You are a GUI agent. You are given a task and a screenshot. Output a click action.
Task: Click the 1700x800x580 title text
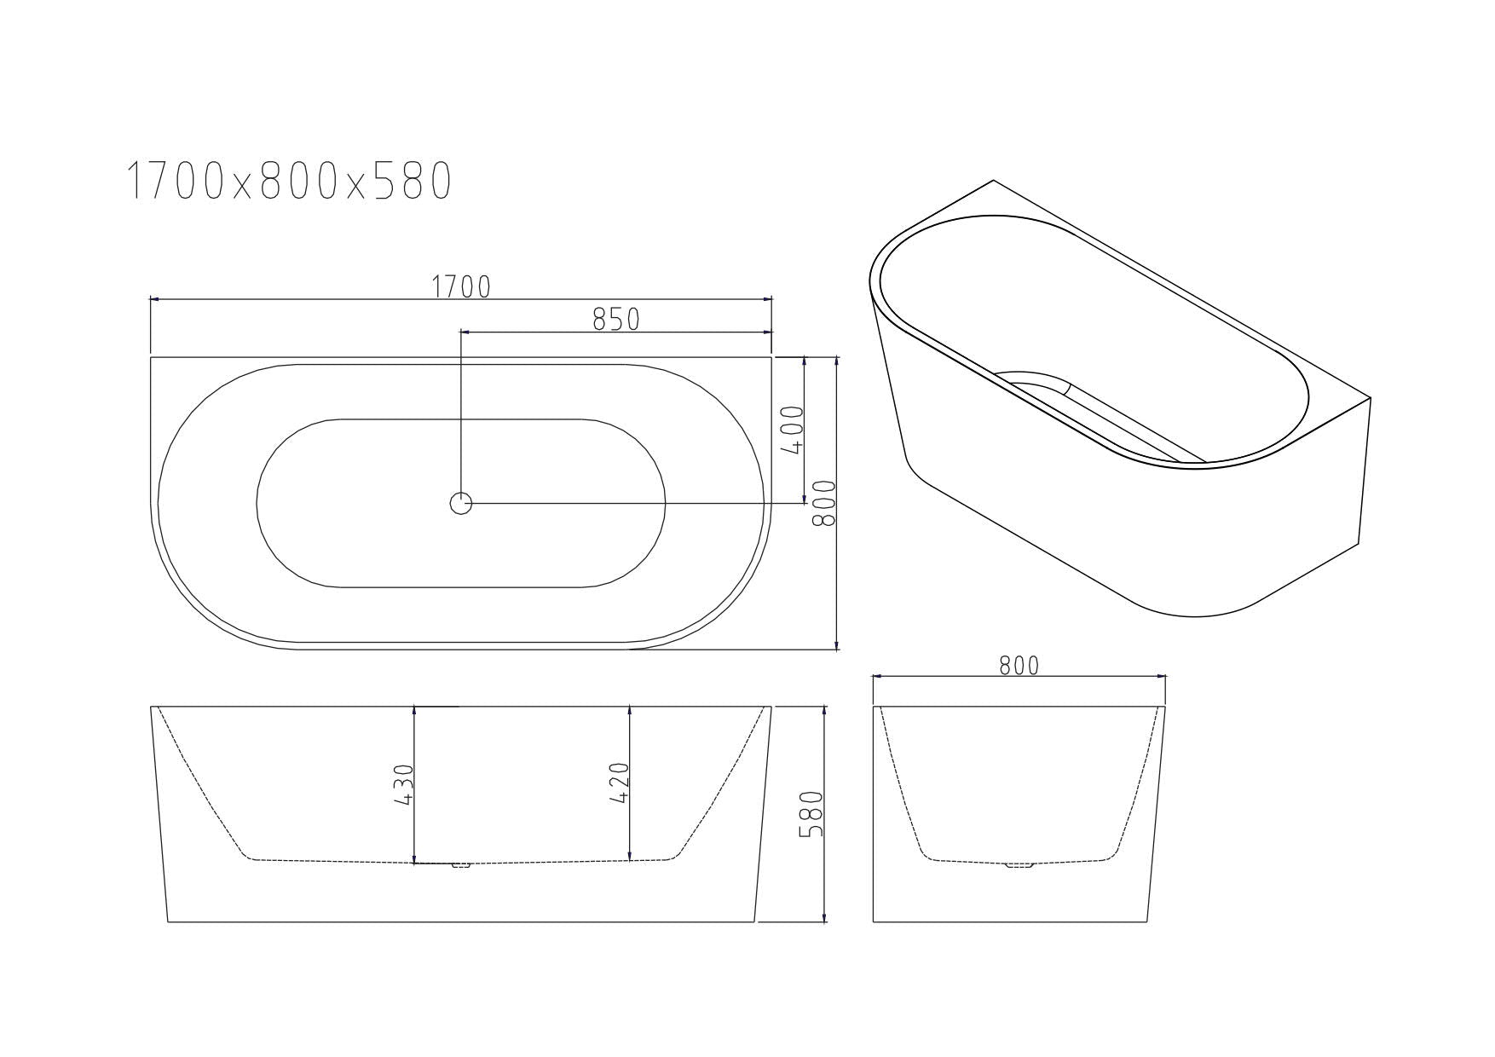click(288, 182)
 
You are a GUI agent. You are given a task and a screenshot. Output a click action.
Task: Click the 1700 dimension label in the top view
click(461, 287)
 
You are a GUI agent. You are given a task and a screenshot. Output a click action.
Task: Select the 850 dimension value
click(615, 320)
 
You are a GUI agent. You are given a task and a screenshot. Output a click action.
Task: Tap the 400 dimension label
click(792, 430)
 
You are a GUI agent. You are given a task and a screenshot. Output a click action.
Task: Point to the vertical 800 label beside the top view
click(824, 503)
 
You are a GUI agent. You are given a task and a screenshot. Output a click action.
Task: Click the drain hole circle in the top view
click(461, 504)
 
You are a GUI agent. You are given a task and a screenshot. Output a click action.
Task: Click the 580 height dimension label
click(812, 813)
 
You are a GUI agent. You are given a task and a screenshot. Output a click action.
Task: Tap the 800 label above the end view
click(1019, 666)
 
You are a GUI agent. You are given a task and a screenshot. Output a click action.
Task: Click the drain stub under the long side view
click(461, 866)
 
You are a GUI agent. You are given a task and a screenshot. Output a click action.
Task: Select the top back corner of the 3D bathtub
click(993, 181)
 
